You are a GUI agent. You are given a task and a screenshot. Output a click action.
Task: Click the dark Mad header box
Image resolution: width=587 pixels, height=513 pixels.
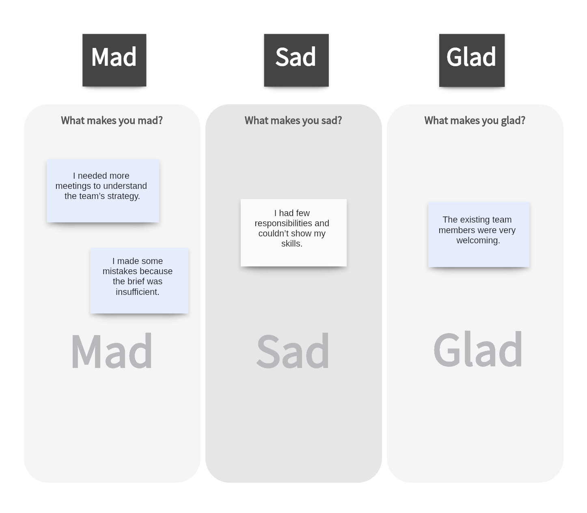pyautogui.click(x=114, y=60)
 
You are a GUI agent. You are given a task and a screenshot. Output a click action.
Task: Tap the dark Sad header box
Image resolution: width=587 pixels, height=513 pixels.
pyautogui.click(x=296, y=60)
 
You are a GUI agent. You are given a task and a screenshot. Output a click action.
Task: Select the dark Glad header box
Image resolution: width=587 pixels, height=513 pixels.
pyautogui.click(x=472, y=60)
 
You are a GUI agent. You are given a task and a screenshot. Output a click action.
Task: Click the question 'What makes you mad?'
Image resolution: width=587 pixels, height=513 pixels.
pyautogui.click(x=112, y=121)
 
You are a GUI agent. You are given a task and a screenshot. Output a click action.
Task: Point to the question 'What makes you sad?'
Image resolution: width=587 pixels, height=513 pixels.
pyautogui.click(x=293, y=121)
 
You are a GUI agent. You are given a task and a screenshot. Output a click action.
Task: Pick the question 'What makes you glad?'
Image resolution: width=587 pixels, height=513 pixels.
pyautogui.click(x=475, y=121)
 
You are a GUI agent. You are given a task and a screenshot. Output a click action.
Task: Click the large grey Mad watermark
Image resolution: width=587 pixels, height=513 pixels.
pyautogui.click(x=112, y=351)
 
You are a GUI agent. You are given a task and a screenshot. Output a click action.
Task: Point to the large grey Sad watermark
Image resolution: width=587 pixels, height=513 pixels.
pyautogui.click(x=293, y=351)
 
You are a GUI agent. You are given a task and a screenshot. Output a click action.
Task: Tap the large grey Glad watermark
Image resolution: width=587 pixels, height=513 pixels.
pyautogui.click(x=478, y=350)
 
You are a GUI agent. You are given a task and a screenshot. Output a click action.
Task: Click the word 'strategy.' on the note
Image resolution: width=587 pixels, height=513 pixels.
pyautogui.click(x=123, y=196)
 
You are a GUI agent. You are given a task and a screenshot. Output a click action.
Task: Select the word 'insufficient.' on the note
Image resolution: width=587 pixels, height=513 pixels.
pyautogui.click(x=137, y=292)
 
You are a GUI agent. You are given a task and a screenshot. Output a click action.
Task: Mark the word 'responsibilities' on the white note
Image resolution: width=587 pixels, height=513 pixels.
pyautogui.click(x=283, y=223)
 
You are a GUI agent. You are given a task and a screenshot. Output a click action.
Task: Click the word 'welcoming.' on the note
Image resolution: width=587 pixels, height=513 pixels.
pyautogui.click(x=478, y=240)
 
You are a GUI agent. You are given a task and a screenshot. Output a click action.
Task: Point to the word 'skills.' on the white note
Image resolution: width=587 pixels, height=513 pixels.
pyautogui.click(x=292, y=244)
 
